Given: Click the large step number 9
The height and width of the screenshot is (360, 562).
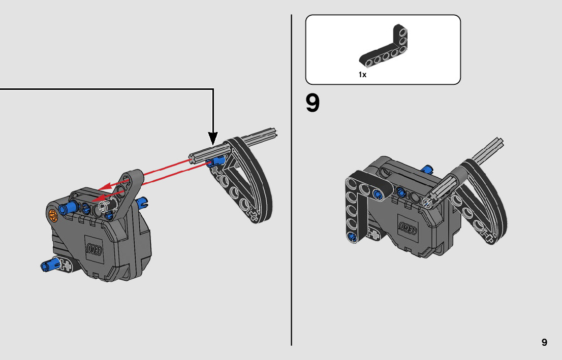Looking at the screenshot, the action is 312,103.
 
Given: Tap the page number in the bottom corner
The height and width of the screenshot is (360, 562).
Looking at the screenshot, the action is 544,342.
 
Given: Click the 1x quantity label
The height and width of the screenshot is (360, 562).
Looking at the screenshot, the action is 362,75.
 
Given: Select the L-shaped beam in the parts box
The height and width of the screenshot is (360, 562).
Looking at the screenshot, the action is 384,47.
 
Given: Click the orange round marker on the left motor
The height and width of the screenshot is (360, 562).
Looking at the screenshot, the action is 53,215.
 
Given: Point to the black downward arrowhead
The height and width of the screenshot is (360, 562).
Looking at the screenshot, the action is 213,138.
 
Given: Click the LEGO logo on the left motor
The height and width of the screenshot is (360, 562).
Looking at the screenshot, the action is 95,249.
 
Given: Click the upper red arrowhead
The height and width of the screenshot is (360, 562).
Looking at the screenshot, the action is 105,187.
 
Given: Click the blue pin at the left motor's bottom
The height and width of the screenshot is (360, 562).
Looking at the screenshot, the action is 50,265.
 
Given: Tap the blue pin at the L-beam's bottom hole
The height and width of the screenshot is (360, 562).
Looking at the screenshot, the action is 352,237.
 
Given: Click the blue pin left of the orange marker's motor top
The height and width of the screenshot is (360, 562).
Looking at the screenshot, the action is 69,207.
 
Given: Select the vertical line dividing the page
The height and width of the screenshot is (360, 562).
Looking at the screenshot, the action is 291,180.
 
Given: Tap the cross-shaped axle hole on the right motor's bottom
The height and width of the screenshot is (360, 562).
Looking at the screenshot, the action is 374,235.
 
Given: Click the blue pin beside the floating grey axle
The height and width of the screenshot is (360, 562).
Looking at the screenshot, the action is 216,161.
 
